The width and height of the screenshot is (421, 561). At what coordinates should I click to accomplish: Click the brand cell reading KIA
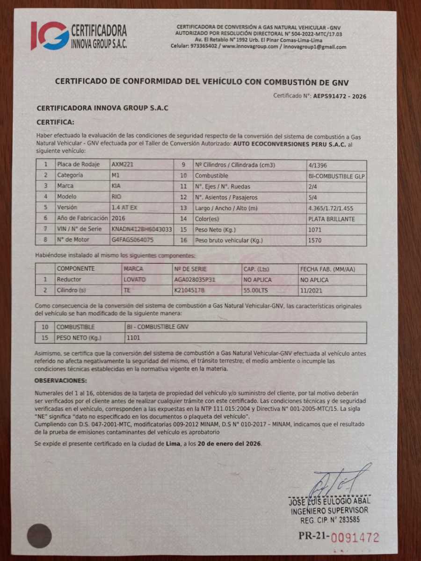[x=116, y=186]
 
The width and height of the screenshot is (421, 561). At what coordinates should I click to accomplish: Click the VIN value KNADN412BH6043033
[x=142, y=229]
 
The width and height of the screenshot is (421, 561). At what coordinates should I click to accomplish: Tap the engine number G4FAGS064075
[x=132, y=240]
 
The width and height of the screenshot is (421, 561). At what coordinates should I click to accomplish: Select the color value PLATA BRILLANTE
[x=331, y=219]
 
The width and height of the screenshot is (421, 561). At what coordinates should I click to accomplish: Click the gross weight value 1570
[x=314, y=240]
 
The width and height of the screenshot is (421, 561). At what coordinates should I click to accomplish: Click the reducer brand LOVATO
[x=135, y=280]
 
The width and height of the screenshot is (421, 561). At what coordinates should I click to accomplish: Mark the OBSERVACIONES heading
[x=61, y=381]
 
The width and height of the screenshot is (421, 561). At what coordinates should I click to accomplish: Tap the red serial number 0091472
[x=355, y=537]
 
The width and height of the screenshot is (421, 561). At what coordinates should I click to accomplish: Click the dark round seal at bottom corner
[x=39, y=536]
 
